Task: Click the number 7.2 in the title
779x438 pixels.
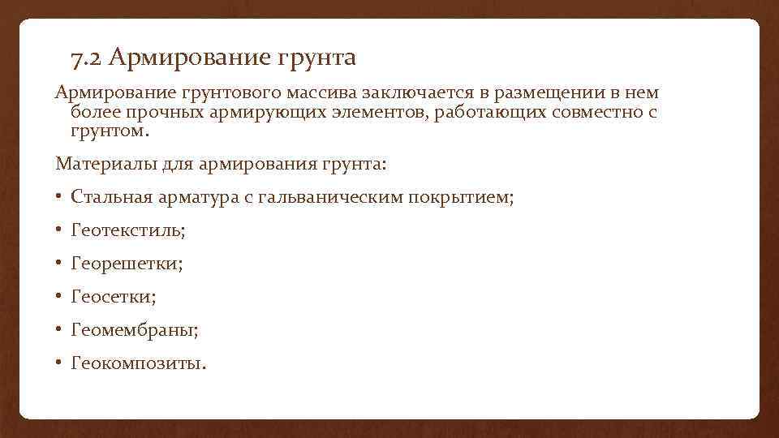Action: point(86,58)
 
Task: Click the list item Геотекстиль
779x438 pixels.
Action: point(128,231)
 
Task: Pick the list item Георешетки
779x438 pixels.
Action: point(127,264)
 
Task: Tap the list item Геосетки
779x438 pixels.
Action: point(114,298)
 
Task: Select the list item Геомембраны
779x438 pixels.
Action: point(135,330)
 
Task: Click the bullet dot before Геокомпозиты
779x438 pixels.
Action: point(60,363)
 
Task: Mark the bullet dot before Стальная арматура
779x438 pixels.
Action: point(60,198)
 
